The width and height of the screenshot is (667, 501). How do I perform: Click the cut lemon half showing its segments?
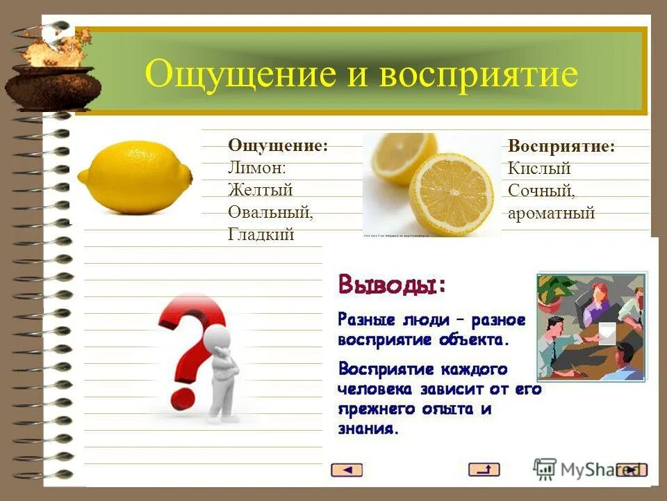click(451, 192)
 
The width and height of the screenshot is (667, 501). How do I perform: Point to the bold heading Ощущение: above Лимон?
click(278, 145)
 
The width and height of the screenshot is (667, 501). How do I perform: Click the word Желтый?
click(260, 190)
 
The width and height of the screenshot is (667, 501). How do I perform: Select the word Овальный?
click(270, 212)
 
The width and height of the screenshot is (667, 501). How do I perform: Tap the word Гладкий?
click(261, 234)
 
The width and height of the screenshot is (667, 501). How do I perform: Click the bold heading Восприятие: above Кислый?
click(561, 146)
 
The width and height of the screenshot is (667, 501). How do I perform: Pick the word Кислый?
click(539, 168)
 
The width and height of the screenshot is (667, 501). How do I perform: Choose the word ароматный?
click(551, 213)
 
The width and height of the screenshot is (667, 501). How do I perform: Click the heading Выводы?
click(393, 285)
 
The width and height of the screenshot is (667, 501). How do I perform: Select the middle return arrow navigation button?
click(484, 470)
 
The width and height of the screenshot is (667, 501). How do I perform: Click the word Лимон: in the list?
click(256, 168)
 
